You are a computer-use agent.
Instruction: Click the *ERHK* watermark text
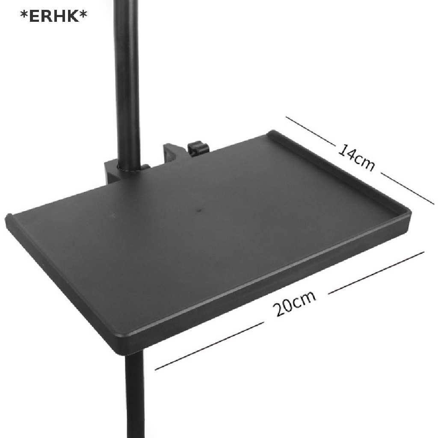point(53,16)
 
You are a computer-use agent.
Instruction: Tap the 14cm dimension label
point(357,158)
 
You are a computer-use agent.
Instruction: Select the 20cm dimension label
point(295,303)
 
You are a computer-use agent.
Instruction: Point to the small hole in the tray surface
point(198,210)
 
